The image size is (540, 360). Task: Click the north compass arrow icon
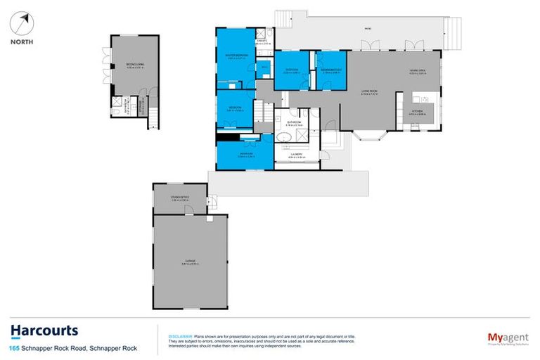tap(24, 22)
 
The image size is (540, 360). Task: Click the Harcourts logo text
tap(44, 331)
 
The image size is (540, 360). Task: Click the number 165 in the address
tap(14, 348)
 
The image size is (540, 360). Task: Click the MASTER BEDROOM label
tap(234, 57)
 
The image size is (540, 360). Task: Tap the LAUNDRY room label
tap(296, 155)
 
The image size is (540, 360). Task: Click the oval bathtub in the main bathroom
tap(284, 137)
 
